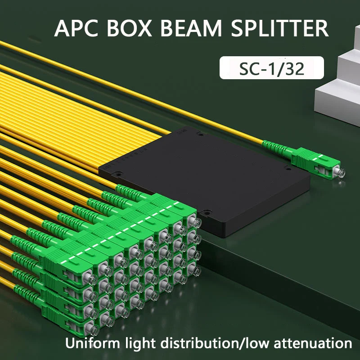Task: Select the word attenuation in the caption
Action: pos(314,343)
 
